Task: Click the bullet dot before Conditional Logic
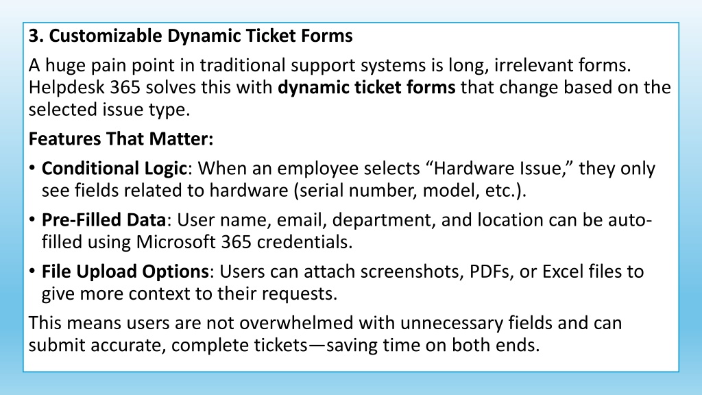[32, 169]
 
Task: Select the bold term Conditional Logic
[114, 169]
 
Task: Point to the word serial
[321, 191]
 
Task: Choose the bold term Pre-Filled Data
[104, 220]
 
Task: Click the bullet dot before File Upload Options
[32, 272]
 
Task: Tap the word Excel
[563, 272]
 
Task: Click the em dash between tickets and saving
[317, 346]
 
